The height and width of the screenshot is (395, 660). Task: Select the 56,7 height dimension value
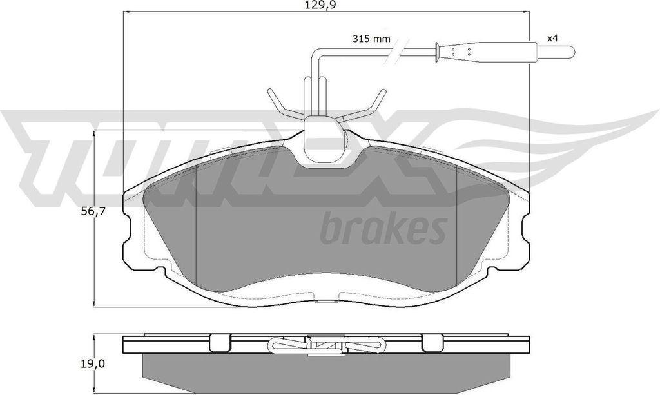(x=92, y=211)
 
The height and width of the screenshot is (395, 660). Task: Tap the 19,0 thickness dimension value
(x=92, y=363)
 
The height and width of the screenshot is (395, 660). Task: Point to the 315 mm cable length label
(x=371, y=39)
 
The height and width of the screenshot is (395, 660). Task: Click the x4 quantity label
(x=552, y=38)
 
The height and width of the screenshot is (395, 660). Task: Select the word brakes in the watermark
(x=383, y=229)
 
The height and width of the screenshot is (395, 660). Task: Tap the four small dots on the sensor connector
(x=460, y=52)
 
